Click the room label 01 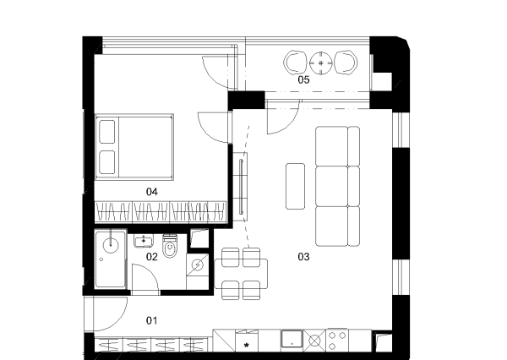[x=151, y=320]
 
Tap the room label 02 [x=151, y=257]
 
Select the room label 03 [x=303, y=257]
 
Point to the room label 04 [x=151, y=192]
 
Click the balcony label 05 [x=303, y=79]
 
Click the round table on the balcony [x=321, y=63]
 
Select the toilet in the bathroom [x=170, y=246]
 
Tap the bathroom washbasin [x=144, y=241]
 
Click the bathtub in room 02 [x=110, y=259]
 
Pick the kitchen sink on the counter [x=292, y=339]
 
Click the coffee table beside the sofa [x=295, y=186]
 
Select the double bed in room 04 [x=134, y=147]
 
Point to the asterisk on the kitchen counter [x=247, y=346]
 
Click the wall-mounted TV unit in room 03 [x=241, y=186]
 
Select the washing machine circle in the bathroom [x=197, y=265]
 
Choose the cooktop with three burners [x=337, y=341]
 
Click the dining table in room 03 [x=241, y=274]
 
